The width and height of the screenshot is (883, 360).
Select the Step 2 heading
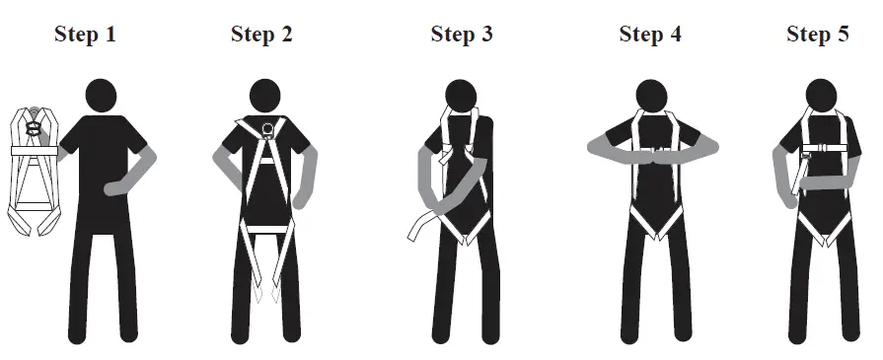point(261,35)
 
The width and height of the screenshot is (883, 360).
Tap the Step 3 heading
point(462,35)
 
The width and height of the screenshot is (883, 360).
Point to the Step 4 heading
point(650,35)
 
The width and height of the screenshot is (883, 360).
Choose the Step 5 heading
point(817,35)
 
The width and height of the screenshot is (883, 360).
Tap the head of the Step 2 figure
point(266,96)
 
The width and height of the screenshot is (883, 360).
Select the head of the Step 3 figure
point(461,94)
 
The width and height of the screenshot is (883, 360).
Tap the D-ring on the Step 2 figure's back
point(266,126)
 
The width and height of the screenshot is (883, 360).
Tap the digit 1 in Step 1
point(110,35)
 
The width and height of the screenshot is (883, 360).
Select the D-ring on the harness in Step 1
point(34,127)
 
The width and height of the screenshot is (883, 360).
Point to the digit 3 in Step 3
point(486,35)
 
